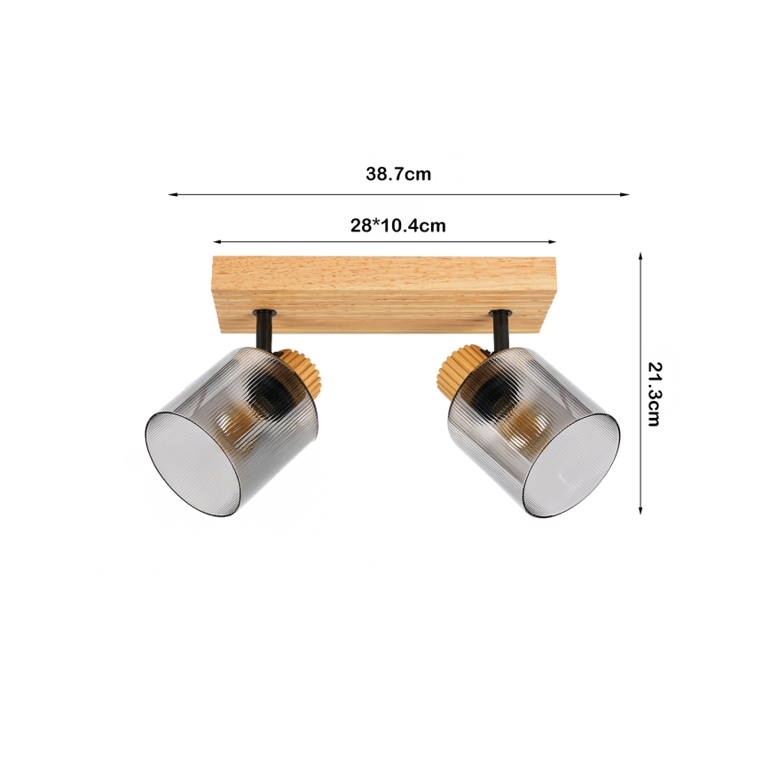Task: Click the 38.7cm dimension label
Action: (x=398, y=174)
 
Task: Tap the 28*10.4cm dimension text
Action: (x=398, y=225)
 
